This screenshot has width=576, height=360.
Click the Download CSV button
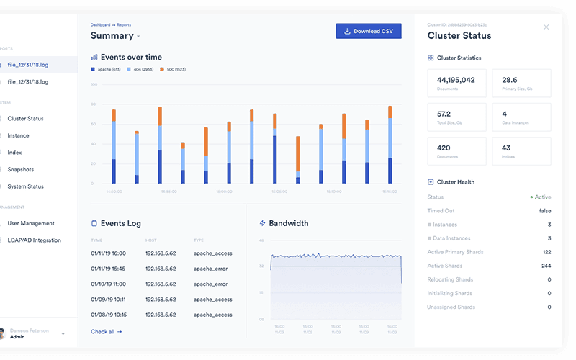(x=368, y=31)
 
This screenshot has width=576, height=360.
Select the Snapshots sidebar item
(x=21, y=169)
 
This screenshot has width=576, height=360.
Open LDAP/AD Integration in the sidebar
(x=34, y=240)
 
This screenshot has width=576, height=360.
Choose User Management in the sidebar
(x=31, y=223)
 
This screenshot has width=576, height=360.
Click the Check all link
(x=106, y=331)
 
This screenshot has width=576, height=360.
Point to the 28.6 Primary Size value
(x=510, y=80)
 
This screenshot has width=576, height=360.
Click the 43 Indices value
(x=507, y=148)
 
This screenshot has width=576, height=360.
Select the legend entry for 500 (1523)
(x=177, y=70)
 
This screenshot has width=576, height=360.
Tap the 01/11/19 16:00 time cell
(x=108, y=253)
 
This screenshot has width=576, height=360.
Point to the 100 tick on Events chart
(x=93, y=84)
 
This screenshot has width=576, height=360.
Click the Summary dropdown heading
(x=115, y=36)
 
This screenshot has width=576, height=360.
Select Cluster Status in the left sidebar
(x=25, y=118)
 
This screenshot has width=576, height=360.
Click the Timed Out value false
(x=544, y=210)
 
